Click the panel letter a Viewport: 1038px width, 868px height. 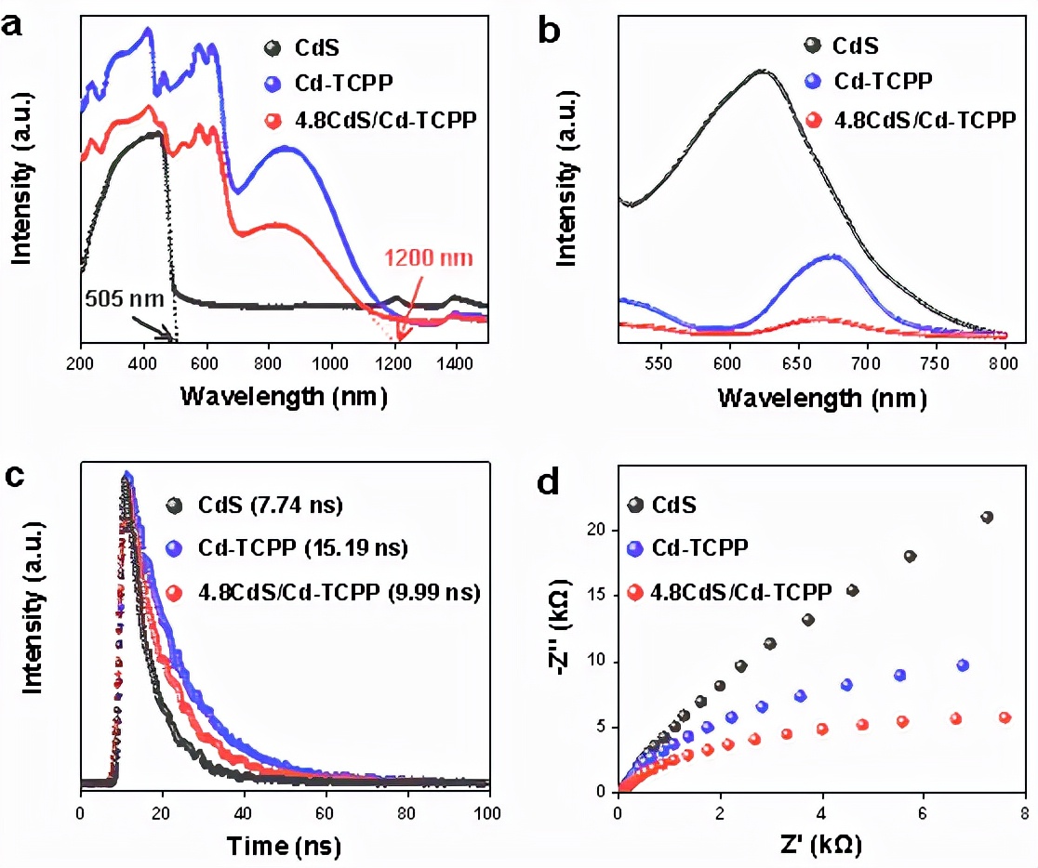tap(13, 24)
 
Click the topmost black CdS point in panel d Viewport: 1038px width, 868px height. tap(987, 517)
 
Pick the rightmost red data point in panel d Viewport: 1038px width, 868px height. tap(1005, 717)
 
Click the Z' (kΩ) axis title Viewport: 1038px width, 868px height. tap(820, 847)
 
